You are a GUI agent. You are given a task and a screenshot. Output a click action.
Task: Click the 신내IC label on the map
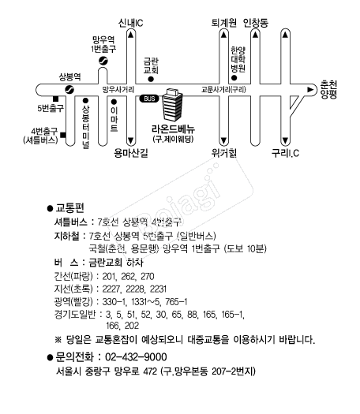click(130, 23)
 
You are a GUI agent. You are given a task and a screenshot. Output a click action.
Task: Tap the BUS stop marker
click(149, 99)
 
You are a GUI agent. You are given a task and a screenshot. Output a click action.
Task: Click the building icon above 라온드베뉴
click(172, 105)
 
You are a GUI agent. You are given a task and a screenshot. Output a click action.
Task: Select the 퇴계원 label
click(223, 23)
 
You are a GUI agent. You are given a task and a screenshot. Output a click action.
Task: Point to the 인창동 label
click(256, 23)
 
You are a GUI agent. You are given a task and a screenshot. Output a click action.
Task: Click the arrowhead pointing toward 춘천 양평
click(310, 90)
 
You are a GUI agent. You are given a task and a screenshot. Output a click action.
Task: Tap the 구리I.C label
click(285, 153)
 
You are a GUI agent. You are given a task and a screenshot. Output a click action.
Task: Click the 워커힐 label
click(223, 153)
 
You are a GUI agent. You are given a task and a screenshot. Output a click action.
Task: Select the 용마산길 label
click(131, 153)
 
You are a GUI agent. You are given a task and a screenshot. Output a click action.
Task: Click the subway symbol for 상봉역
click(69, 90)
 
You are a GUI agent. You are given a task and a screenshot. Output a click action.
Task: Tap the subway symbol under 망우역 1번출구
click(103, 62)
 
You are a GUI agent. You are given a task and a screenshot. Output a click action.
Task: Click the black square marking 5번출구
click(55, 99)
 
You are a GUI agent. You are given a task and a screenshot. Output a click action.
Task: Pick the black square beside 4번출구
click(63, 135)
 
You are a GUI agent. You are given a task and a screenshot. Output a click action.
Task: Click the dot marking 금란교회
click(151, 79)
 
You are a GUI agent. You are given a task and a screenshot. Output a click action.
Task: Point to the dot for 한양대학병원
click(234, 78)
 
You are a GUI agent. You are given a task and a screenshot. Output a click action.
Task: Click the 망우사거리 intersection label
click(118, 90)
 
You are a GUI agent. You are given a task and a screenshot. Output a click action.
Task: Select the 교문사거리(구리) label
click(223, 90)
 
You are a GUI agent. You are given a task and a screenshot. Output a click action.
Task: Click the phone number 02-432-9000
click(136, 357)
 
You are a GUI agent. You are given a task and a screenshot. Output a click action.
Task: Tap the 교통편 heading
click(69, 208)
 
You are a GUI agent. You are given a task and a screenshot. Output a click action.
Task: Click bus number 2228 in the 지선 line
click(135, 289)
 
